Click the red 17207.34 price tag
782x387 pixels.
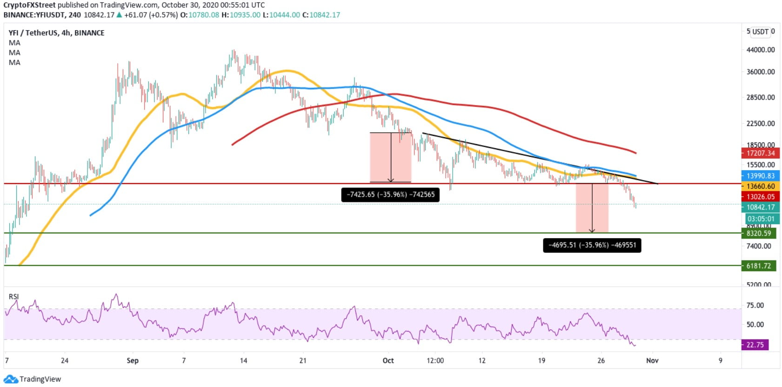click(x=760, y=153)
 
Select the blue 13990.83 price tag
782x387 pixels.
click(x=760, y=176)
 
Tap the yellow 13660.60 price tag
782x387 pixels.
click(x=760, y=186)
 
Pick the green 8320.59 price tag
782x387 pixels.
click(x=758, y=234)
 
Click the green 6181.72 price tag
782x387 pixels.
click(x=758, y=266)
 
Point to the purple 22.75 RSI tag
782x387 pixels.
click(x=755, y=345)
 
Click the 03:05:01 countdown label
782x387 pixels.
click(x=761, y=219)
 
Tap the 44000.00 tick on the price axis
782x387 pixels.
click(x=761, y=50)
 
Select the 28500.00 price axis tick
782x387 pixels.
click(x=761, y=97)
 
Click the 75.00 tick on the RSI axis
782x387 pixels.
click(x=755, y=305)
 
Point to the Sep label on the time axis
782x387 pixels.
click(x=133, y=360)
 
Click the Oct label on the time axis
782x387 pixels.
click(x=388, y=360)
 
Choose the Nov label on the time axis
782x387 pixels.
click(x=652, y=360)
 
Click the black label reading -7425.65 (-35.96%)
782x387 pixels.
click(x=390, y=194)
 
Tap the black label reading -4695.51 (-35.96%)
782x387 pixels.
click(x=592, y=245)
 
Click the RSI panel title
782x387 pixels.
click(x=13, y=297)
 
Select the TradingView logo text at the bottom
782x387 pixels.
click(x=40, y=379)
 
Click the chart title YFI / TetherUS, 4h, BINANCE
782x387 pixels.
click(x=56, y=33)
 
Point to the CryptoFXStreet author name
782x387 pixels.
click(x=29, y=5)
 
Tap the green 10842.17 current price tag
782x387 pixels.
click(x=760, y=207)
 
